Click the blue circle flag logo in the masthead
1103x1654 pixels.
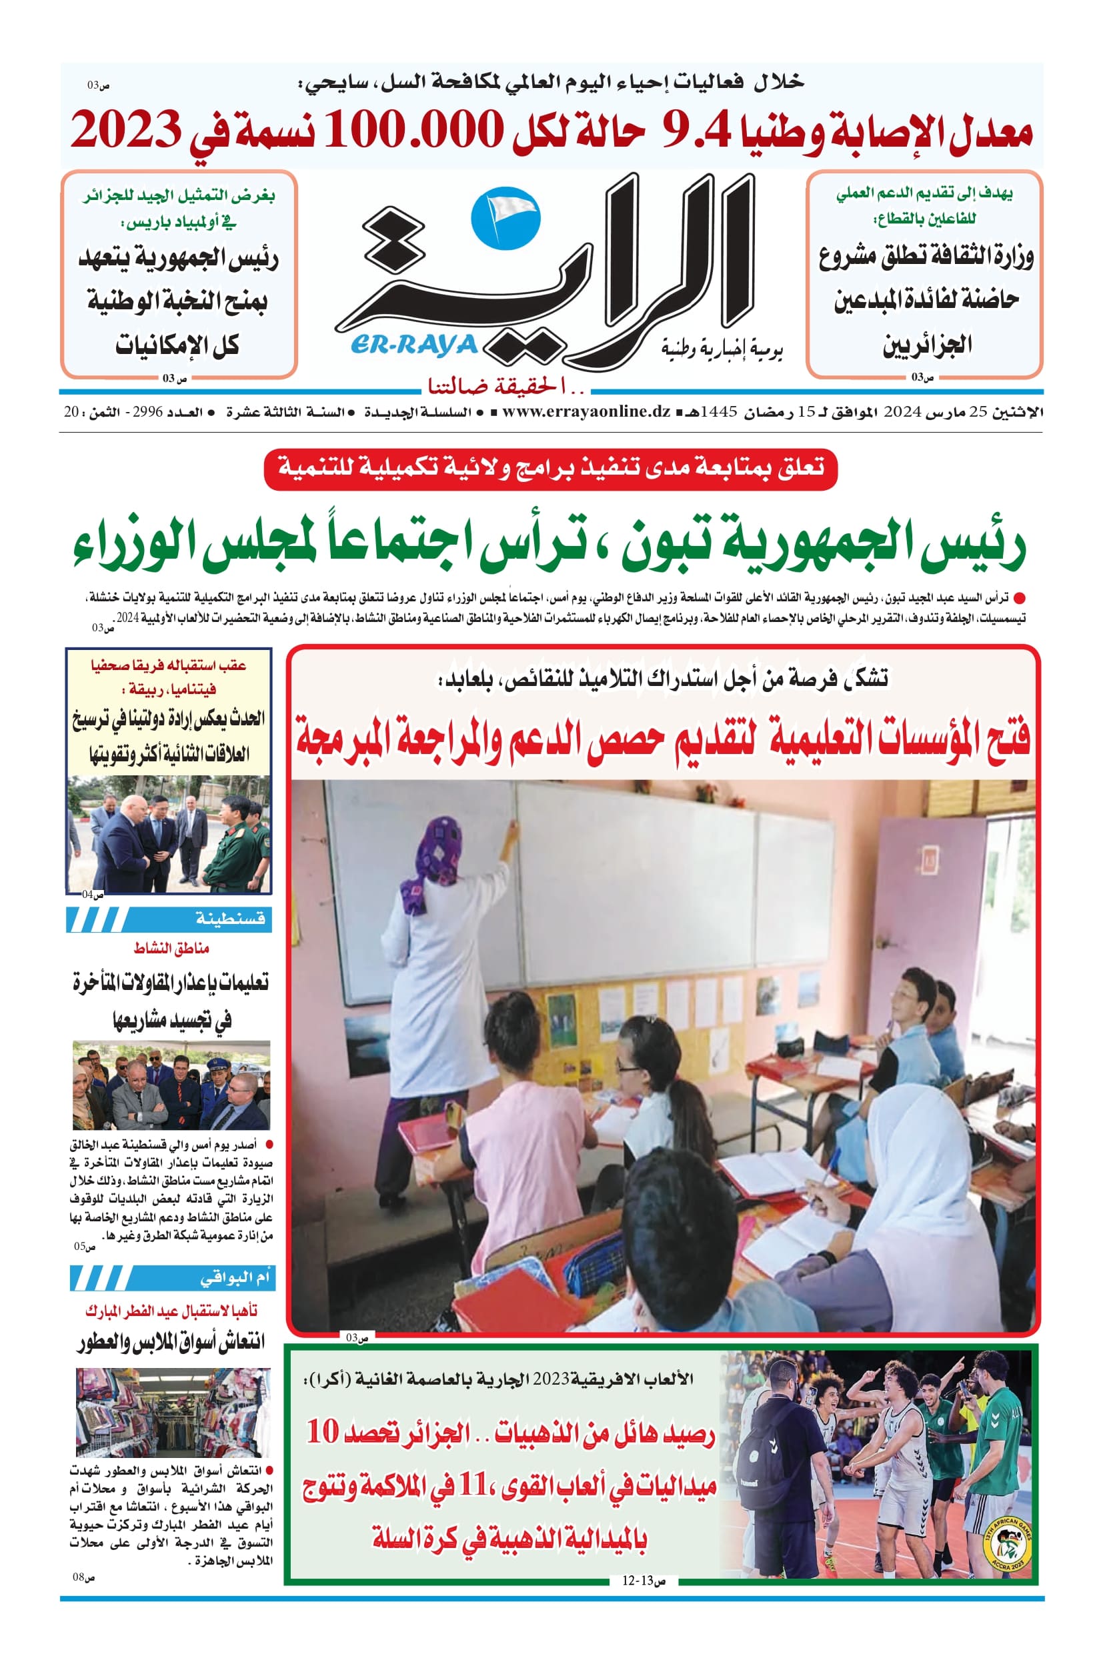[x=504, y=219]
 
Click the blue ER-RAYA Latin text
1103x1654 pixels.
[x=413, y=345]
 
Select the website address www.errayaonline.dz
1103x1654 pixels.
[x=586, y=412]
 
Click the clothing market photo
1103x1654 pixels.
[x=172, y=1413]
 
